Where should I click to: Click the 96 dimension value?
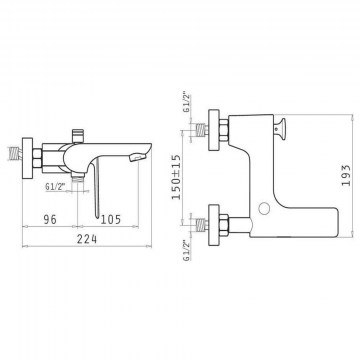[50, 219]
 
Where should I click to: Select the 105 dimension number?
[110, 219]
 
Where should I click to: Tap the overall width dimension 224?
[87, 239]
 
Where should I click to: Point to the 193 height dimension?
[346, 175]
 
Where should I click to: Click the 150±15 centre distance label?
[176, 177]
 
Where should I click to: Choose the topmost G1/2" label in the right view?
[187, 101]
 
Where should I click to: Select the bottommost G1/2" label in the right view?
[187, 250]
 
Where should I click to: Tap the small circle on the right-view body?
[265, 208]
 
